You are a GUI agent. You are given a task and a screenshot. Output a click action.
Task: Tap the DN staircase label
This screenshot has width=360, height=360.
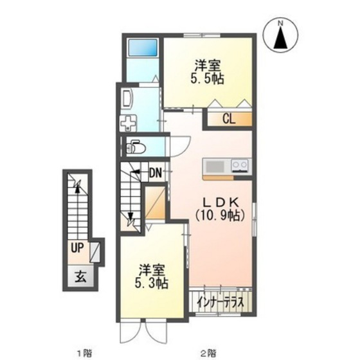click(x=155, y=172)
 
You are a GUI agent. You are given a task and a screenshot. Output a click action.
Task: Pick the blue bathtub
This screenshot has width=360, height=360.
click(x=142, y=49)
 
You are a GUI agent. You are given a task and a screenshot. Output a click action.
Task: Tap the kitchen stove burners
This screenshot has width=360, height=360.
click(x=239, y=166)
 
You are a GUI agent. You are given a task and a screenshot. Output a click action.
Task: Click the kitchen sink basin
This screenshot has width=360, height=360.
click(x=215, y=166)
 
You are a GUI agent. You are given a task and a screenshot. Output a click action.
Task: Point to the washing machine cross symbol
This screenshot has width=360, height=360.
click(x=129, y=122)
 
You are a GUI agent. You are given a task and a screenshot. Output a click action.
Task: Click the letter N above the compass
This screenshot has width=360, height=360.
click(x=280, y=24)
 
